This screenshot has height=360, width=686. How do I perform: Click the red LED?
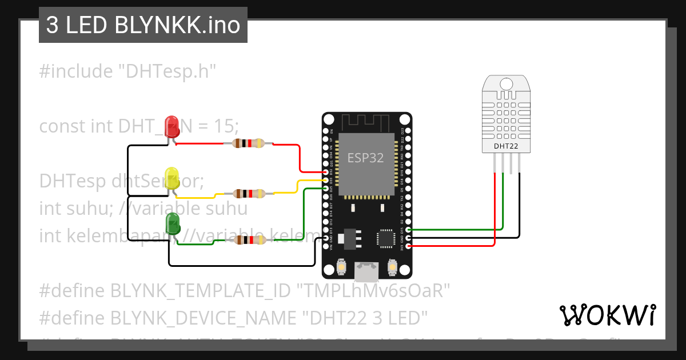coord(171,126)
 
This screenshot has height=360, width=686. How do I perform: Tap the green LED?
coord(172,223)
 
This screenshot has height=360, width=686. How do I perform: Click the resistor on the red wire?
coord(249,143)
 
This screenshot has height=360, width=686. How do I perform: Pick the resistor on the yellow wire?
coord(249,194)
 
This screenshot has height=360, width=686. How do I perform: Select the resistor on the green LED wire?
coord(249,241)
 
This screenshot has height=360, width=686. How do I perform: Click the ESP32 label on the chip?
coord(366,158)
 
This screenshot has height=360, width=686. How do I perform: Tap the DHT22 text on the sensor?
coord(506,146)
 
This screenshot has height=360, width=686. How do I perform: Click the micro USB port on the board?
coord(366,271)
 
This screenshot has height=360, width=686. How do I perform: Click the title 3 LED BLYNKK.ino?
coord(143,26)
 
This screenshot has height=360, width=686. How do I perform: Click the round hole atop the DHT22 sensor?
coord(506,85)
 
